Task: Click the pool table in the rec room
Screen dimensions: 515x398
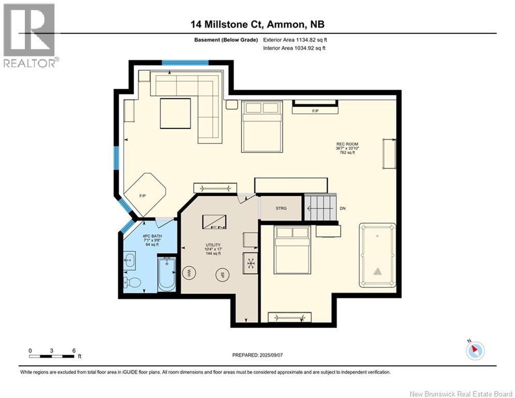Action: (377, 255)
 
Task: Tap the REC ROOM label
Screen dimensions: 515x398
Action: (347, 144)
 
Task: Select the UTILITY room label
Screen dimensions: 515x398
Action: (213, 245)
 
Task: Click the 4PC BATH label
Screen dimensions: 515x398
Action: (152, 236)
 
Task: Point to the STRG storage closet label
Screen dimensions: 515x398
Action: (281, 208)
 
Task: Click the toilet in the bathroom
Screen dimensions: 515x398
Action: (132, 282)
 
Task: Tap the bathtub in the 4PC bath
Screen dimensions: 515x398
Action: (167, 274)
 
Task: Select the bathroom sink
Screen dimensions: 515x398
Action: (130, 261)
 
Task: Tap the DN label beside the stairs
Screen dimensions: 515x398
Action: (343, 208)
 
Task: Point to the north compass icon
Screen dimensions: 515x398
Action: (475, 350)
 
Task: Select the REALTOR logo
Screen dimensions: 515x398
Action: (30, 35)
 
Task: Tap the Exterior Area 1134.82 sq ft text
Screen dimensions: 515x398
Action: (295, 40)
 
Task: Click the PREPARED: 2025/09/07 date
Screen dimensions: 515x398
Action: (258, 355)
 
